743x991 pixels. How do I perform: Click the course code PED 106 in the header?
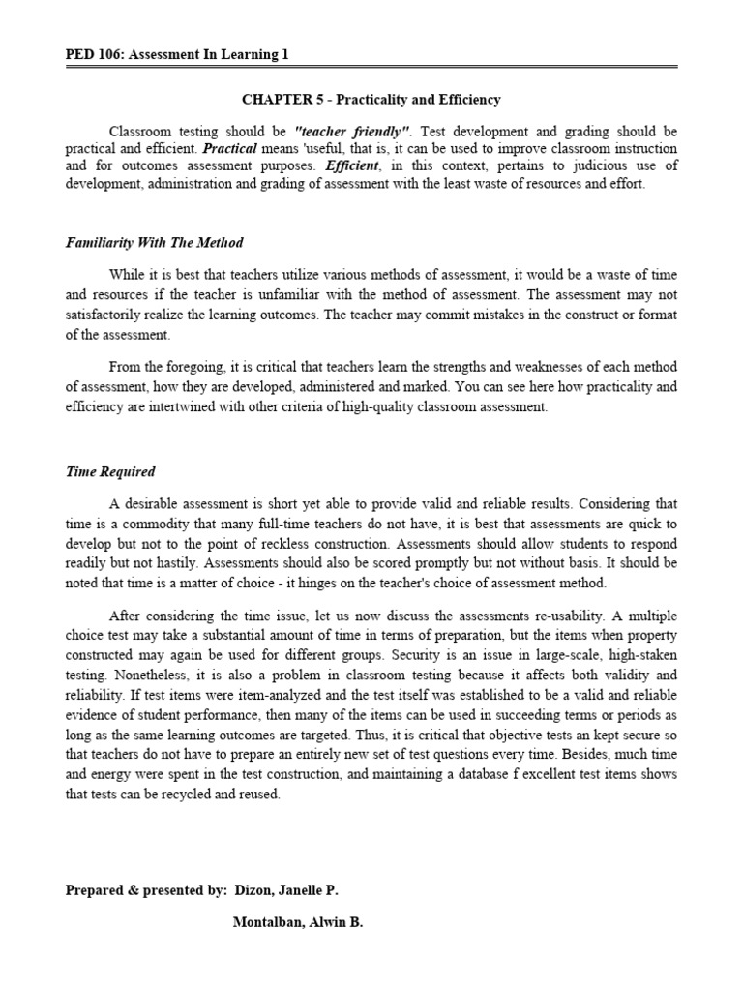pos(91,55)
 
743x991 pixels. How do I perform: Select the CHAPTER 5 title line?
pos(371,100)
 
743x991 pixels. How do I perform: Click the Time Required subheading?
pos(110,472)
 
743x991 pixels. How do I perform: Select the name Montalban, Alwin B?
pos(298,923)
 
